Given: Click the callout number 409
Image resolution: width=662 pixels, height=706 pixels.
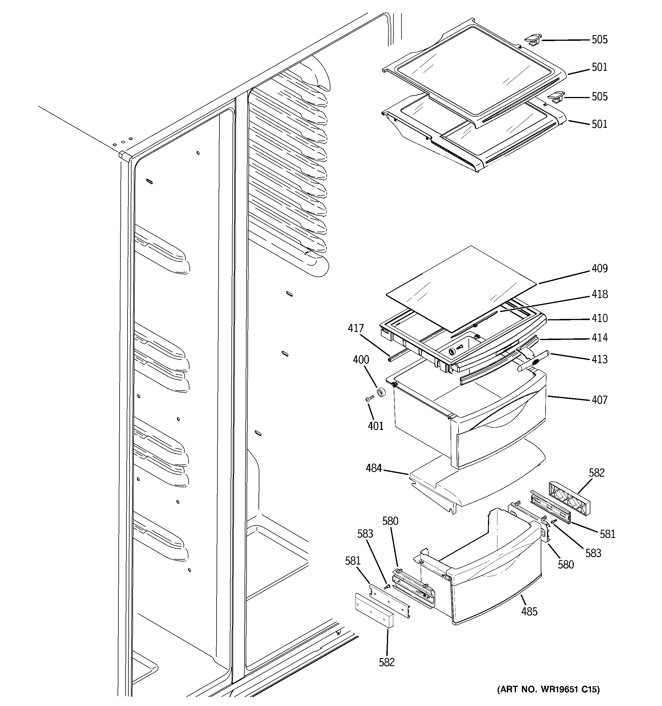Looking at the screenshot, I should tap(600, 268).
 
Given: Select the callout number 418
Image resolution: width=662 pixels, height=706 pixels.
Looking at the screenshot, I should tap(600, 294).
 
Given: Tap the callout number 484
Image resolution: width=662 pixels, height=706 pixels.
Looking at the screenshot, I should tap(374, 468).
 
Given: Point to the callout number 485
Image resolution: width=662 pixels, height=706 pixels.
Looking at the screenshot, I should tap(529, 612).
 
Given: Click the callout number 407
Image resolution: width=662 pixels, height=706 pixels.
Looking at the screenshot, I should tap(600, 400).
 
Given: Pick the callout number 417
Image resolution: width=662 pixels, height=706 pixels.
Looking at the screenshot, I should tap(356, 329).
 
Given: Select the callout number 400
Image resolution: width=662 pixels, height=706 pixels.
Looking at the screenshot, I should tap(361, 360).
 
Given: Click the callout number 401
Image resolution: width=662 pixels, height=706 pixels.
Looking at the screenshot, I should tap(376, 426).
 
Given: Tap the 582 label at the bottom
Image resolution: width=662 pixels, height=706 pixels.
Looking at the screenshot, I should tap(387, 662).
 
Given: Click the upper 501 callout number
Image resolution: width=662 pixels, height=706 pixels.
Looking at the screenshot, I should tap(600, 67).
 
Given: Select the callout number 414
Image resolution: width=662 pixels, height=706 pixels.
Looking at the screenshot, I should tap(600, 338).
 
